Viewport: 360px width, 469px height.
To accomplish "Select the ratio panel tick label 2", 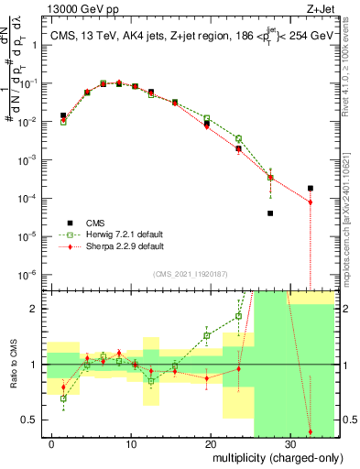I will (x=39, y=309).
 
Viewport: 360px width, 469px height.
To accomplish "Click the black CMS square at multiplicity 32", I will (x=310, y=188).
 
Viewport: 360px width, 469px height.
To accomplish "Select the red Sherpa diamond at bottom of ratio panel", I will (x=310, y=431).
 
